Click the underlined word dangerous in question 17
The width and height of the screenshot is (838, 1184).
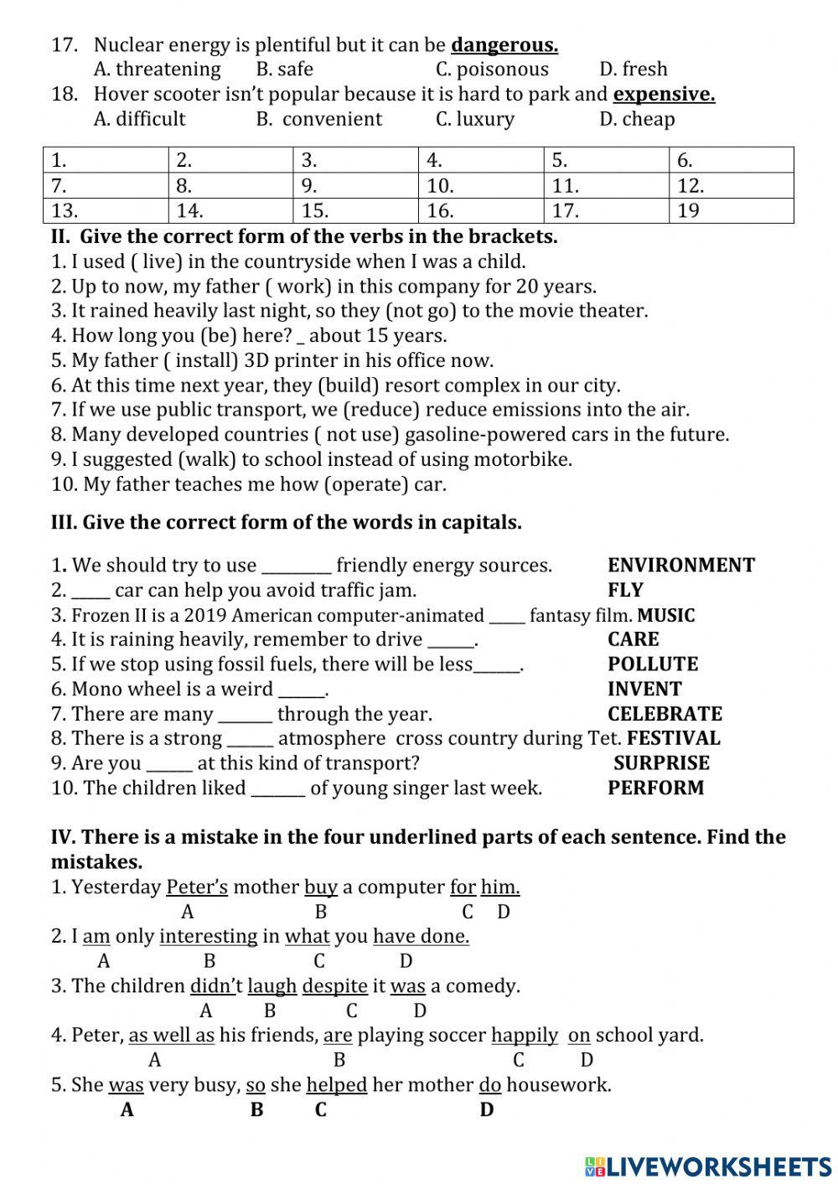pyautogui.click(x=504, y=44)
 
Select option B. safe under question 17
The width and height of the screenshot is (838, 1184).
pyautogui.click(x=285, y=69)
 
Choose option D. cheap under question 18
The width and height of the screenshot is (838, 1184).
pyautogui.click(x=637, y=119)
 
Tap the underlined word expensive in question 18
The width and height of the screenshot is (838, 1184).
pyautogui.click(x=664, y=94)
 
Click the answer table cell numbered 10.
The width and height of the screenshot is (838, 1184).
pyautogui.click(x=481, y=185)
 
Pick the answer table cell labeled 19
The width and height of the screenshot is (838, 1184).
pyautogui.click(x=731, y=210)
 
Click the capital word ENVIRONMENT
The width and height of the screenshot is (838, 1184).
pyautogui.click(x=680, y=566)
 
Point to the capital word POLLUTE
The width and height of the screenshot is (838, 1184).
pyautogui.click(x=653, y=664)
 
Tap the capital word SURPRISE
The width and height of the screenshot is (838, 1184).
pyautogui.click(x=661, y=763)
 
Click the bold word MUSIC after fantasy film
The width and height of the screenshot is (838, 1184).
pyautogui.click(x=666, y=615)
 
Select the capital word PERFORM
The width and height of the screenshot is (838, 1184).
pyautogui.click(x=656, y=788)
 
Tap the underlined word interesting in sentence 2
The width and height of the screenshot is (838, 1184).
pyautogui.click(x=209, y=937)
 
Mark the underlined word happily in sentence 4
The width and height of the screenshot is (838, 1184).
pyautogui.click(x=525, y=1036)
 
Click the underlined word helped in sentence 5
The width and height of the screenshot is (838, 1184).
pyautogui.click(x=337, y=1085)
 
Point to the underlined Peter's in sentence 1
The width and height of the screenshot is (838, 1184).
pyautogui.click(x=197, y=887)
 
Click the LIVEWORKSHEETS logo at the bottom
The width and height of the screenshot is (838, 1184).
pyautogui.click(x=708, y=1166)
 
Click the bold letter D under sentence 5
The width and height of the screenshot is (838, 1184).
pyautogui.click(x=487, y=1110)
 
